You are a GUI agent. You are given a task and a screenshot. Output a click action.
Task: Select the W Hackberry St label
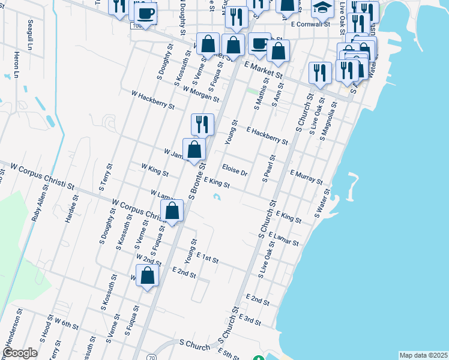[152, 99]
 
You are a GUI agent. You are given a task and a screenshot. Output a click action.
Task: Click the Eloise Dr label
[235, 170]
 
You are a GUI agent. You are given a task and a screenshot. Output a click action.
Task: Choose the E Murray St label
[306, 176]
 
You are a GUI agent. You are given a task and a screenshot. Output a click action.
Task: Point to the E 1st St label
[206, 259]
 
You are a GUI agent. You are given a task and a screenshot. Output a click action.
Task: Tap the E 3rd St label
[249, 319]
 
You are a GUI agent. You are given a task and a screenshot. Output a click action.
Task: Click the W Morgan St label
[200, 94]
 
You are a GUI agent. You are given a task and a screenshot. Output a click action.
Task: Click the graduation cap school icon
[322, 8]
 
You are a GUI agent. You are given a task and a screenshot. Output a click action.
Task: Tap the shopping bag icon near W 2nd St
[148, 275]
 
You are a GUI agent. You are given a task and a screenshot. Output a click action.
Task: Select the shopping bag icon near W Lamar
[172, 211]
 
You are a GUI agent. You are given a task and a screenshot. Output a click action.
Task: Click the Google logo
[20, 353]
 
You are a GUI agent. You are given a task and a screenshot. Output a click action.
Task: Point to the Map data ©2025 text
[423, 355]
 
